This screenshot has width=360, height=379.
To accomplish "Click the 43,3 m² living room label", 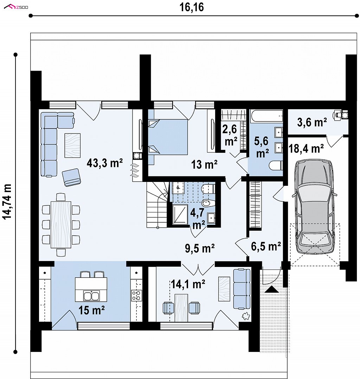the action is [105, 163].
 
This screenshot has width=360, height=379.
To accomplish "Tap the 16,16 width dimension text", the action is [191, 7].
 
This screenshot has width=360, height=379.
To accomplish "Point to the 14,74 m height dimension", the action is [7, 201].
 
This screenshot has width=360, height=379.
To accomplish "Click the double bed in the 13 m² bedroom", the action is [168, 137].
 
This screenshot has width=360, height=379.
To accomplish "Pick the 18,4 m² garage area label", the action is [306, 149].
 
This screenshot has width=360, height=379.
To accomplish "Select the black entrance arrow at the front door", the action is [272, 289].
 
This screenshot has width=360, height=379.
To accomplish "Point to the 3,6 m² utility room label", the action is [312, 122].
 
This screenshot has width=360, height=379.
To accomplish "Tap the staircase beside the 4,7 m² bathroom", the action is [157, 204].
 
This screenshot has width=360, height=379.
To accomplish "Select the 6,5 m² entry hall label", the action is [266, 246].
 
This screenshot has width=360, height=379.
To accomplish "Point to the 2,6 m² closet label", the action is [230, 135].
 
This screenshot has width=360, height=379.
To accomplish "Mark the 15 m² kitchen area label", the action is [91, 310].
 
